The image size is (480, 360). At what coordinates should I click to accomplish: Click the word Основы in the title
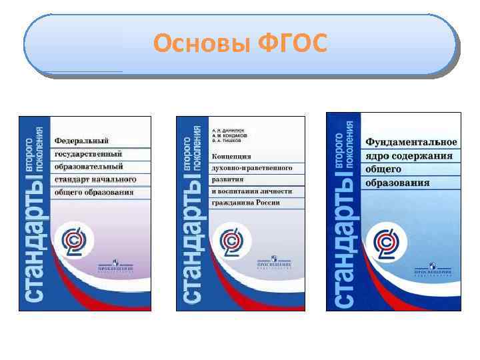pyautogui.click(x=200, y=44)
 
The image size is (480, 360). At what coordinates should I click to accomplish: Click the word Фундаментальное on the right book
pyautogui.click(x=411, y=143)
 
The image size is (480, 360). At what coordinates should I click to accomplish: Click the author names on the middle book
pyautogui.click(x=229, y=137)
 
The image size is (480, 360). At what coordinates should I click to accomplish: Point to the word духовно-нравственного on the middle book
pyautogui.click(x=251, y=167)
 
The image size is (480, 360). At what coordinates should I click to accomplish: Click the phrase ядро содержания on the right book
pyautogui.click(x=408, y=157)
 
